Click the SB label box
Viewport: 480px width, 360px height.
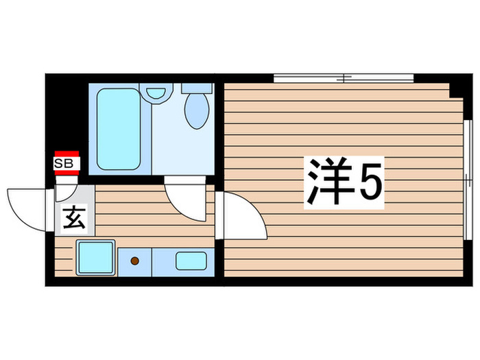click(67, 163)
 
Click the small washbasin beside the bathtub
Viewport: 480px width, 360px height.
click(157, 93)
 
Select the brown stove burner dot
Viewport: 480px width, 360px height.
click(135, 261)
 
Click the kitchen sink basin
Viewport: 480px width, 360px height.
click(192, 261)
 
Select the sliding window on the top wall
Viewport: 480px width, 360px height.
click(344, 77)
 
